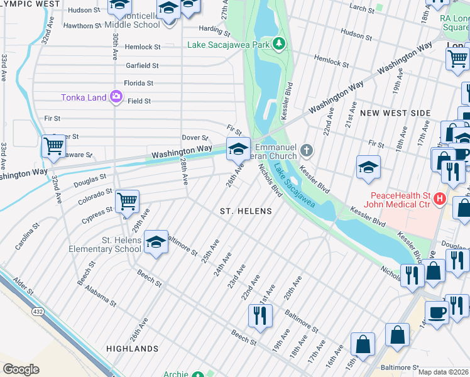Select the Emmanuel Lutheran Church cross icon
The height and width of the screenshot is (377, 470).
click(x=306, y=150)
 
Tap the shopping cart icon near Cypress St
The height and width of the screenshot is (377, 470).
click(x=128, y=201)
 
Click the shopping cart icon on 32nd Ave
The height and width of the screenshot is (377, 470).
click(x=53, y=146)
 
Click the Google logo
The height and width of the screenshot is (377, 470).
click(x=21, y=369)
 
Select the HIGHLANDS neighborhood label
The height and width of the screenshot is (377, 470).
click(x=132, y=349)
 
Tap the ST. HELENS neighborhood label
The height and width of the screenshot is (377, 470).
click(x=246, y=211)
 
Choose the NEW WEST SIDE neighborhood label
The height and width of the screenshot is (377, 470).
click(x=395, y=113)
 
